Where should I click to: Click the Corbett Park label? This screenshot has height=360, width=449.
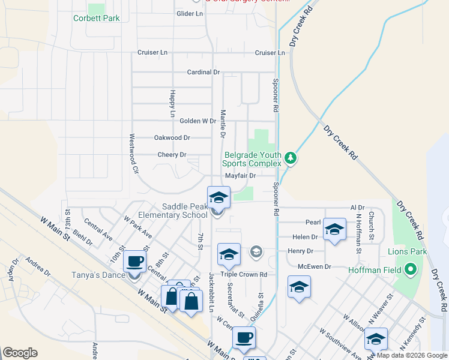click(97, 18)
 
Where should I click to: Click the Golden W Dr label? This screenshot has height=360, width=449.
click(197, 121)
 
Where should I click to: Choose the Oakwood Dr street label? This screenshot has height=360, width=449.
click(172, 137)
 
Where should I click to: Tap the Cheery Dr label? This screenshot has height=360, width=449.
click(172, 154)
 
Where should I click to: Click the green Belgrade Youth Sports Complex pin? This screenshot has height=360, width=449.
click(291, 158)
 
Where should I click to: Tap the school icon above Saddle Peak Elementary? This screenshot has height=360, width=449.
click(218, 197)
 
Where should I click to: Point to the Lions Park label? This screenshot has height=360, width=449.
click(407, 251)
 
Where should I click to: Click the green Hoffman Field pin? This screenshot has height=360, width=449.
click(411, 269)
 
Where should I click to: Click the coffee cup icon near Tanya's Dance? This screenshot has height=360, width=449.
click(134, 262)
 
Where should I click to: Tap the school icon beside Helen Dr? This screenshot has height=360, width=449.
click(334, 229)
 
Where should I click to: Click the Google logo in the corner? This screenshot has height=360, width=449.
click(20, 353)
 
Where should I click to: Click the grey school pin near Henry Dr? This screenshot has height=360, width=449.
click(256, 251)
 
